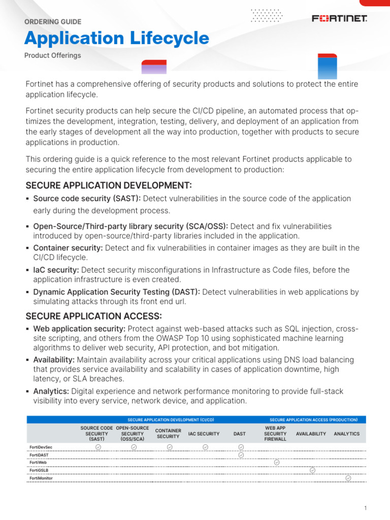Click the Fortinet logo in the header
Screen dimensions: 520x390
tap(339, 19)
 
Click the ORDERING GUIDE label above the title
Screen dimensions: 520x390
tap(53, 22)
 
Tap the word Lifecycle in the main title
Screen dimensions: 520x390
tap(166, 39)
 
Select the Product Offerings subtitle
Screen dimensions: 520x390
tap(53, 55)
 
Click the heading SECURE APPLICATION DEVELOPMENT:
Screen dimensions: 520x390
tap(109, 185)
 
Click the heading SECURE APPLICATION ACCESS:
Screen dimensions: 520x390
tap(93, 316)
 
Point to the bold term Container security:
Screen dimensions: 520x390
tap(68, 248)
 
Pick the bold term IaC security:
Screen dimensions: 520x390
tap(56, 270)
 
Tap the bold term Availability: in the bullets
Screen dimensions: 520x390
tap(54, 360)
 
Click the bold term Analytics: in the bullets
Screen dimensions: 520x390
tap(51, 392)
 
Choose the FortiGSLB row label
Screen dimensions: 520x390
tap(39, 470)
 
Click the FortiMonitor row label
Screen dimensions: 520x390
tap(41, 478)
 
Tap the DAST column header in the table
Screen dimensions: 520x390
tap(239, 434)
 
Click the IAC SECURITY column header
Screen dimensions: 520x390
tap(204, 434)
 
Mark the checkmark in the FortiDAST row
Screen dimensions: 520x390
tap(241, 455)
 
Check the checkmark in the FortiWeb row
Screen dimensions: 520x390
tap(276, 463)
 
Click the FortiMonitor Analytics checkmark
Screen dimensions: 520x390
tap(348, 478)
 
